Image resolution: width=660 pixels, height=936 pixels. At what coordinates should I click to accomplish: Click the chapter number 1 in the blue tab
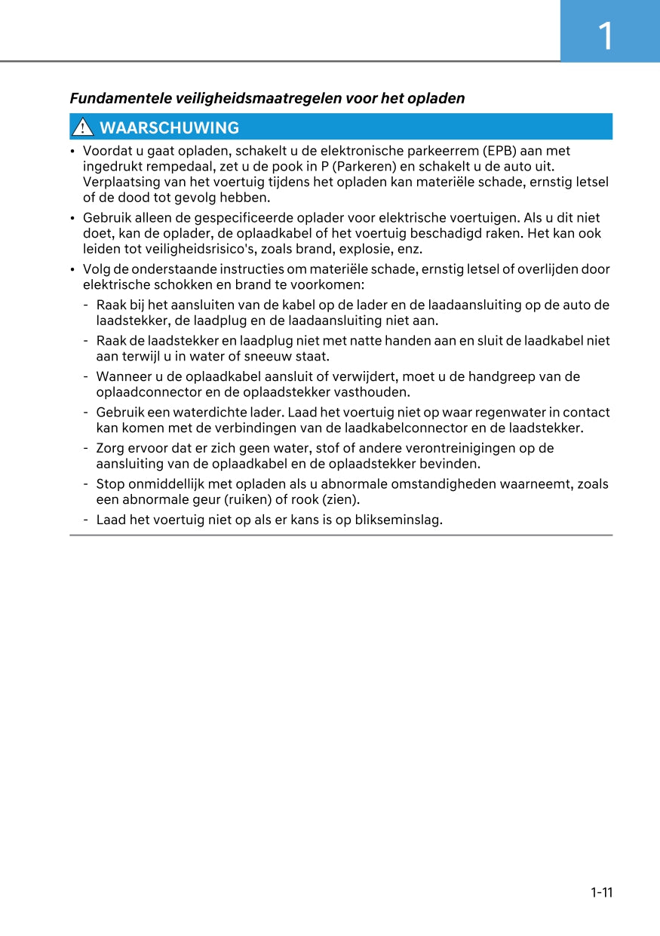pos(605,35)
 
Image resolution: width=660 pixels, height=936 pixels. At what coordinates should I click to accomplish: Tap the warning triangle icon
pos(84,127)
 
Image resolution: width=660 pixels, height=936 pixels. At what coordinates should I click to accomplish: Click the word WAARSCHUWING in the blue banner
pos(169,127)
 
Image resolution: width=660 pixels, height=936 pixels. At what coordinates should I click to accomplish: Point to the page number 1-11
pos(601,893)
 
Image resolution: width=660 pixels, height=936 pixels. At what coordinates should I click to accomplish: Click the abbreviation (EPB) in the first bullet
pos(499,151)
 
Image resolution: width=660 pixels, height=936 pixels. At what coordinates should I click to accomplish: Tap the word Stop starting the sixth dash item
pos(110,483)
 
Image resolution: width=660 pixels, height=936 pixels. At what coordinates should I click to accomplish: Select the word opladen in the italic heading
pos(437,98)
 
